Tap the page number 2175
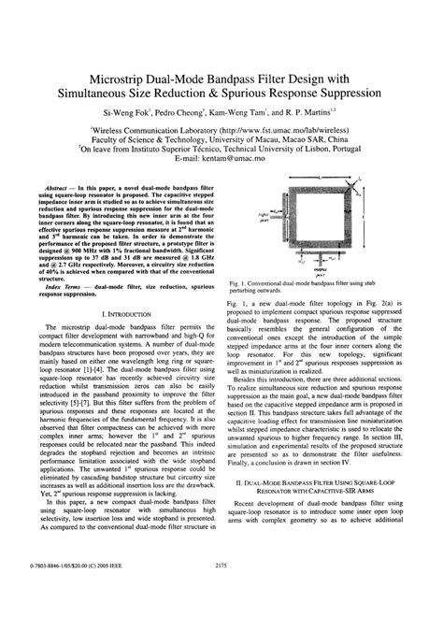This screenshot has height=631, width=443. pos(221,590)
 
